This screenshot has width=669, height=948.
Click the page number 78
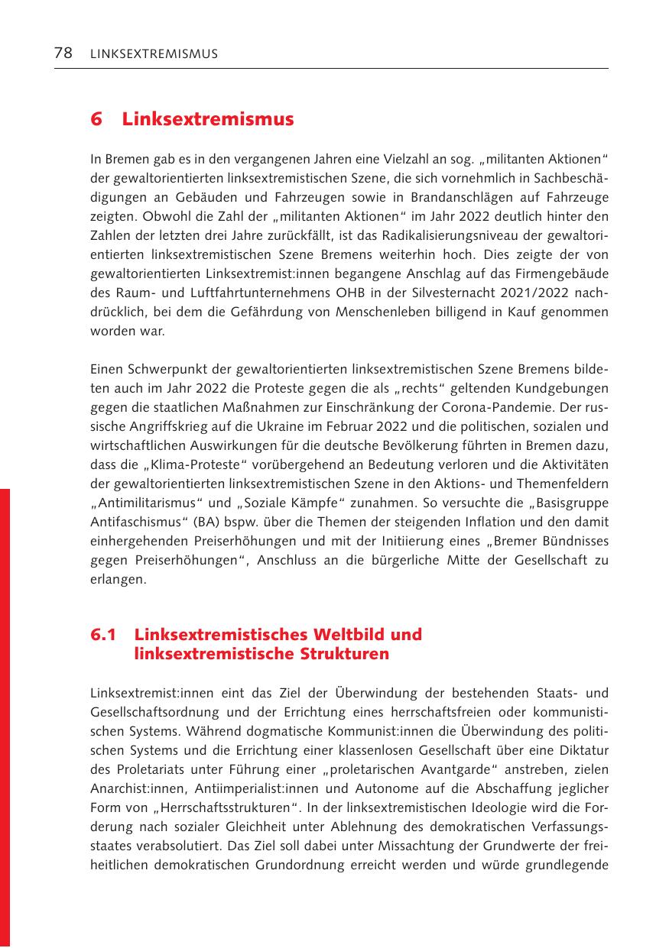coord(63,53)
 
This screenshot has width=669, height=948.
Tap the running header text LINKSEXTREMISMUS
coord(154,53)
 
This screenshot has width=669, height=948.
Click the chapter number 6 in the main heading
coord(96,120)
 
